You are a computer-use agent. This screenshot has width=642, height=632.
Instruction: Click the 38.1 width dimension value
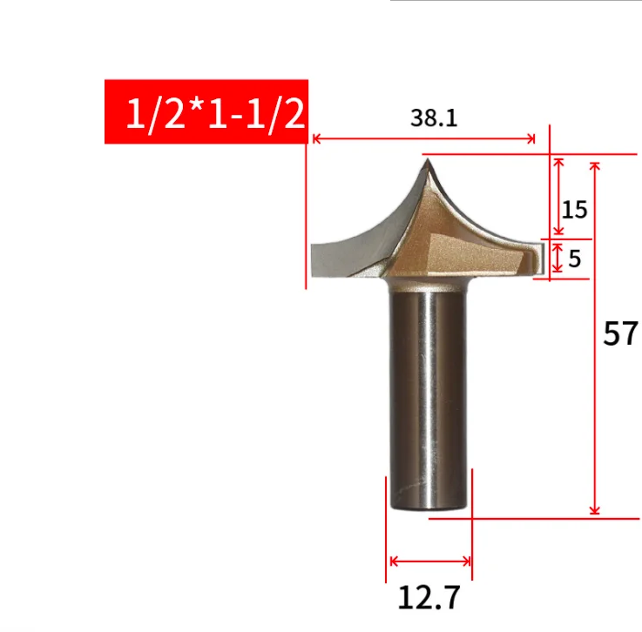tap(434, 118)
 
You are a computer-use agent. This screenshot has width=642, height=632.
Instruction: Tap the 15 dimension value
tap(574, 209)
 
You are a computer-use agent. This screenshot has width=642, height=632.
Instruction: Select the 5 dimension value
tap(575, 259)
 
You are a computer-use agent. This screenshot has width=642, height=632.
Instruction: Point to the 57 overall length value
tap(620, 333)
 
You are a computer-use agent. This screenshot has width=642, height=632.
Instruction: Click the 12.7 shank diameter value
tap(429, 597)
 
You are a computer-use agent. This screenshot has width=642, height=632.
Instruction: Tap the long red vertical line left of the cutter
tap(307, 218)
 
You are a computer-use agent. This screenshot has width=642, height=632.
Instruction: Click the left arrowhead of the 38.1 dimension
tap(317, 138)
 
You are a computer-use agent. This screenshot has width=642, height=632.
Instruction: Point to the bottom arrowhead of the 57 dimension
tap(595, 511)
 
